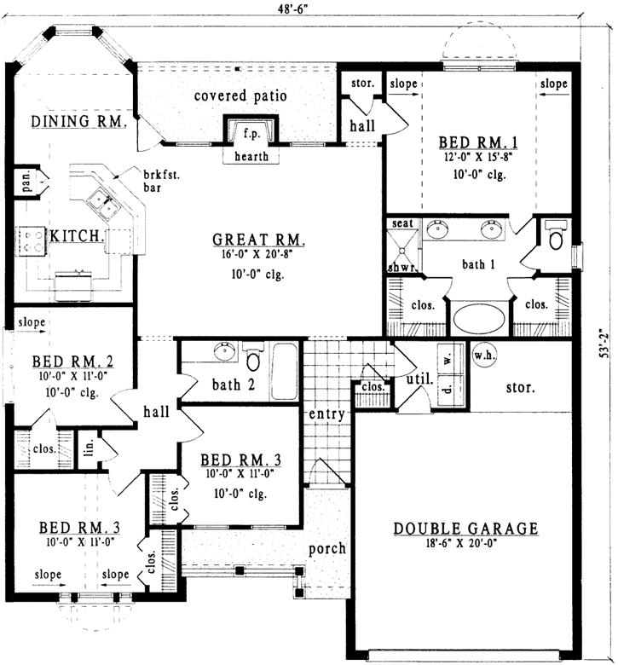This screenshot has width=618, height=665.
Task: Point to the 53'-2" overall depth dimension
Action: [x=604, y=341]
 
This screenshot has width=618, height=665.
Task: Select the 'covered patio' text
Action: [x=240, y=95]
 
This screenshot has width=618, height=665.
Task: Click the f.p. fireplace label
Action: [x=251, y=134]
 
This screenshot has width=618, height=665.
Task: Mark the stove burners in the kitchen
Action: [x=32, y=239]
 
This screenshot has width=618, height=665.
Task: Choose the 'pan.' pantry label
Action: [x=26, y=182]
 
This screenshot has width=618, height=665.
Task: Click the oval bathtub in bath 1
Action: [x=478, y=319]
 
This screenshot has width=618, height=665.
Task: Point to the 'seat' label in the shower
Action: [x=401, y=223]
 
